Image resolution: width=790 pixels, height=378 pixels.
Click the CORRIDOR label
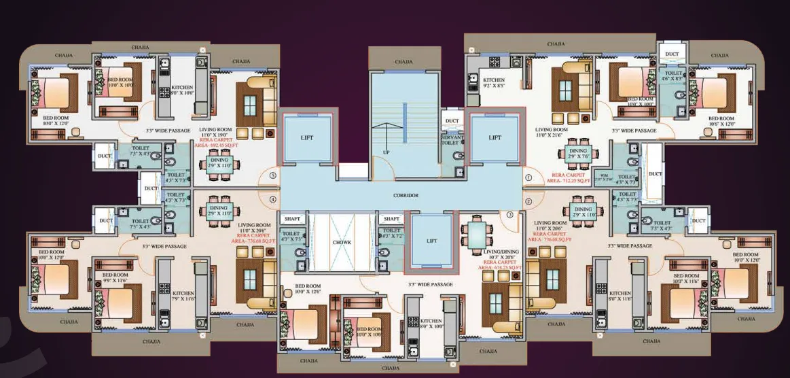(x=405, y=195)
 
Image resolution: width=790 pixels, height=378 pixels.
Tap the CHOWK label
(x=341, y=241)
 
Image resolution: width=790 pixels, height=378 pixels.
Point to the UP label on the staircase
(x=386, y=152)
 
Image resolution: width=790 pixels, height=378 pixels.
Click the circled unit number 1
(x=528, y=178)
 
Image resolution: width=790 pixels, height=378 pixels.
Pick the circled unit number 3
(x=509, y=215)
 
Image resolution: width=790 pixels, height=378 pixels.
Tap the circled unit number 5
(x=272, y=175)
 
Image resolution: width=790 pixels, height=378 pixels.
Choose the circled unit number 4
(x=272, y=200)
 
